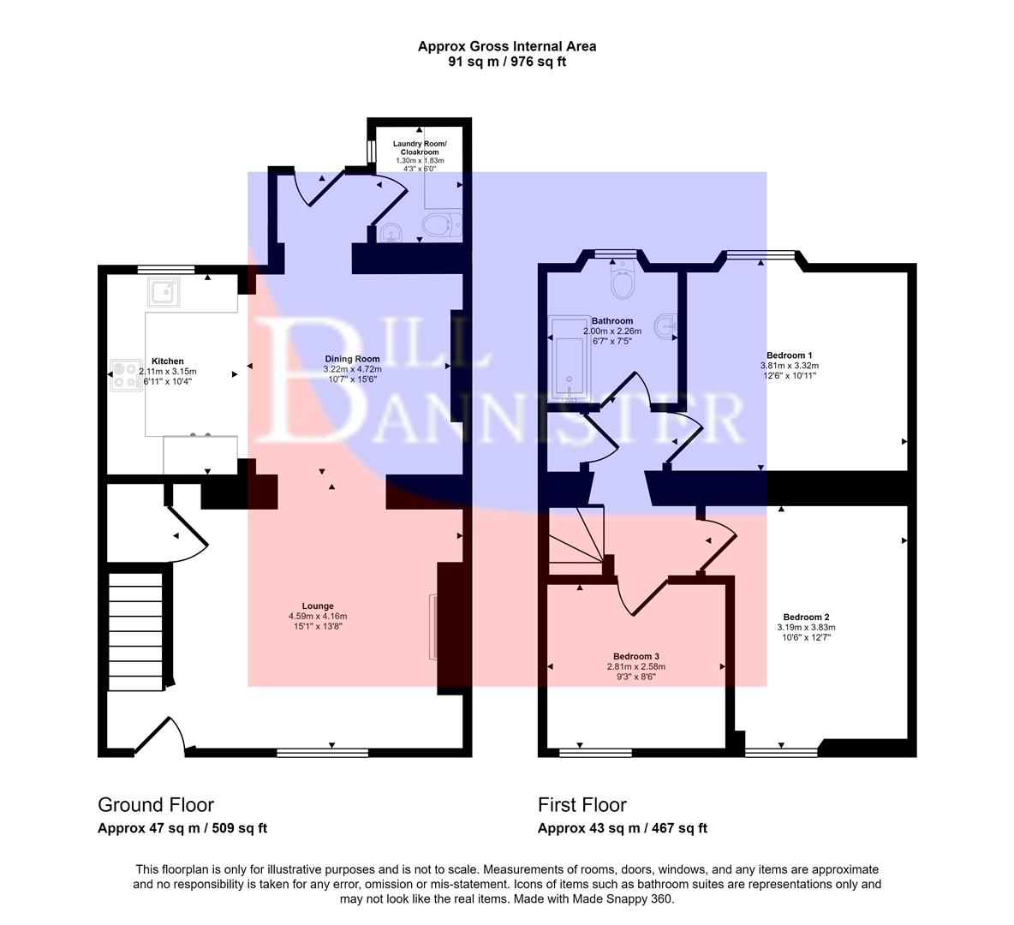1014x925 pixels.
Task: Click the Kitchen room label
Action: point(168,361)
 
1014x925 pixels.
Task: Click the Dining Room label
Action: point(352,359)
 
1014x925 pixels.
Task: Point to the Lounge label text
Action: point(317,606)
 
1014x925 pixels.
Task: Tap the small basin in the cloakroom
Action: point(391,233)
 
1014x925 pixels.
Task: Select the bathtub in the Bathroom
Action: point(567,357)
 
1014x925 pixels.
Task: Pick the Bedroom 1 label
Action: point(789,355)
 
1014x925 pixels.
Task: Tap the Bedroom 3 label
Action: point(636,657)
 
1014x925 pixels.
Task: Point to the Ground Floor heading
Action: point(156,805)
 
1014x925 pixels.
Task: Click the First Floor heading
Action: point(582,805)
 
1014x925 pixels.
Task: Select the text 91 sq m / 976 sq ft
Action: point(507,62)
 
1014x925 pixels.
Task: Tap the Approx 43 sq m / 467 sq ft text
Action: point(622,828)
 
